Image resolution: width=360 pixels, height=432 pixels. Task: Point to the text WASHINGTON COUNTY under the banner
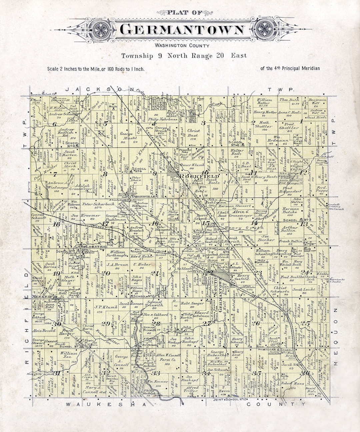182,46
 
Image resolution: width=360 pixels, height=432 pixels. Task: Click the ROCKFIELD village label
199,176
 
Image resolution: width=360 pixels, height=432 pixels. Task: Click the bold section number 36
305,373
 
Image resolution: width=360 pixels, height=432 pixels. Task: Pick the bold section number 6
54,124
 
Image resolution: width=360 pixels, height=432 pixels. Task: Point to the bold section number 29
106,324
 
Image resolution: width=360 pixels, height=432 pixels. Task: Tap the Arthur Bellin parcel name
288,228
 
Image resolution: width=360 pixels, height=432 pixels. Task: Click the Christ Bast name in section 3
194,133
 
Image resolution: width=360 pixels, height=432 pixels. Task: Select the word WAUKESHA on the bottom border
106,404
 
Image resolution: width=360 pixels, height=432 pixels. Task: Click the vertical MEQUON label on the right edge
336,337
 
